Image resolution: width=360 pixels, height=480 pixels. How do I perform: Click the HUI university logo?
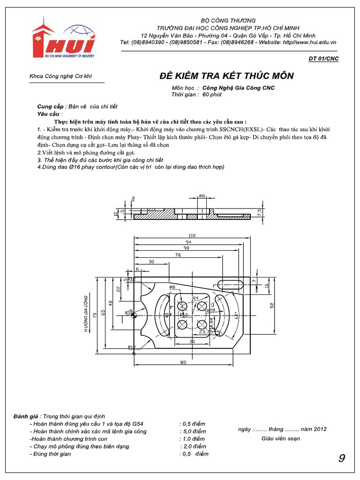tap(64, 39)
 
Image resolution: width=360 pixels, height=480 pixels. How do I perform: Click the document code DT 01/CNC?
tap(323, 59)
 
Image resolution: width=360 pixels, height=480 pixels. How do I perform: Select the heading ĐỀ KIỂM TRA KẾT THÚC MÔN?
tap(227, 76)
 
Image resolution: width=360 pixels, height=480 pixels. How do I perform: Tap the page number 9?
tap(342, 458)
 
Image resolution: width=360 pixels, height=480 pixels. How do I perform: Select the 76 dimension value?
tap(178, 255)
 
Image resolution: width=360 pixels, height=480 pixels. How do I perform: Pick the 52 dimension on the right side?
tap(272, 305)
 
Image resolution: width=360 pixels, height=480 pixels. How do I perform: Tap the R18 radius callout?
tap(128, 311)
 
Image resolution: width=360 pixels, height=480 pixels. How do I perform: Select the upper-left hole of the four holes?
tap(182, 306)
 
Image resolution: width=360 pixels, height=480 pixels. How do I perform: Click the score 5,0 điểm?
tap(193, 431)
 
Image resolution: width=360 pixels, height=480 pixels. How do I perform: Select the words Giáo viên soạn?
tap(280, 439)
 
